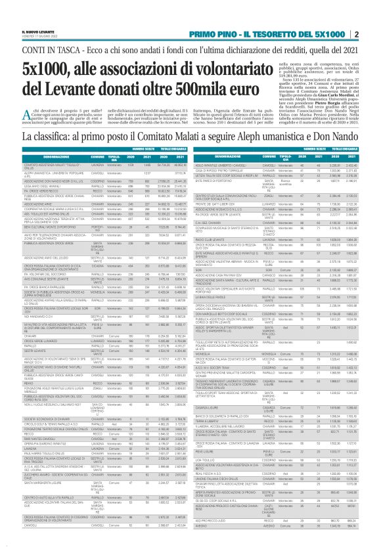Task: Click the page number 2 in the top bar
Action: pyautogui.click(x=374, y=33)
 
